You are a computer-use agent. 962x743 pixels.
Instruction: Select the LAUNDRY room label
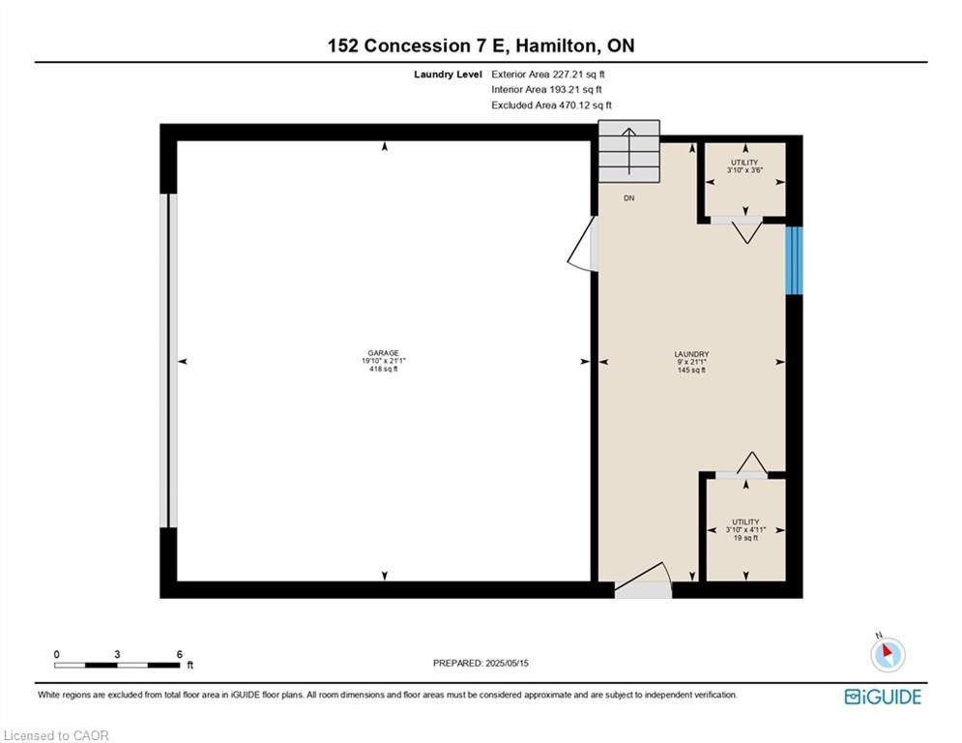pyautogui.click(x=691, y=361)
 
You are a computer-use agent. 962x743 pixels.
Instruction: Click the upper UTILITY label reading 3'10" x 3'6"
pyautogui.click(x=744, y=165)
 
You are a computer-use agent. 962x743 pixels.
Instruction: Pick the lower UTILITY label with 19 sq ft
pyautogui.click(x=745, y=529)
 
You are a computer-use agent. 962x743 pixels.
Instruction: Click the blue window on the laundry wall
pyautogui.click(x=794, y=260)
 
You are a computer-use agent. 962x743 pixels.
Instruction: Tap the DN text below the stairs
pyautogui.click(x=628, y=197)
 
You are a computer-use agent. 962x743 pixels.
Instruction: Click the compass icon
pyautogui.click(x=887, y=655)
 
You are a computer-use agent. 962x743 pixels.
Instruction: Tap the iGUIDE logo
pyautogui.click(x=882, y=697)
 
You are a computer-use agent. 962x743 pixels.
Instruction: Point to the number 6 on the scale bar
pyautogui.click(x=179, y=654)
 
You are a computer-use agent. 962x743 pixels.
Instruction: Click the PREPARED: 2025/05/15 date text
pyautogui.click(x=481, y=663)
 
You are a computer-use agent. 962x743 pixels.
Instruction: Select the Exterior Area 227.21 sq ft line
pyautogui.click(x=548, y=74)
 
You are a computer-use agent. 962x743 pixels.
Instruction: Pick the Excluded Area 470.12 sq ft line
pyautogui.click(x=551, y=105)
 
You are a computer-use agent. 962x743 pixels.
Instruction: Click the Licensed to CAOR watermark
pyautogui.click(x=57, y=735)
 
